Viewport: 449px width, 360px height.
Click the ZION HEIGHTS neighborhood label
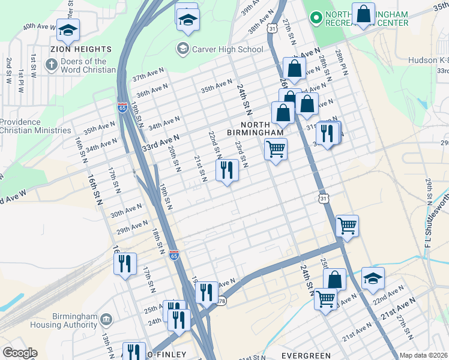(81, 49)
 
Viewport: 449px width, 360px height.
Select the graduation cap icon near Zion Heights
(68, 29)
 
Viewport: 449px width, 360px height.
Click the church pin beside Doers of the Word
(52, 65)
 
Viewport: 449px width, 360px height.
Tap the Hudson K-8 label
(427, 60)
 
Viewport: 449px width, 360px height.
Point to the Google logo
(20, 353)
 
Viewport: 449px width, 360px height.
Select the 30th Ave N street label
(125, 209)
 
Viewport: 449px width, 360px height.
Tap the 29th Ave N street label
(131, 227)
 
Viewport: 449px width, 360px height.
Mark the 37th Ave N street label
(148, 77)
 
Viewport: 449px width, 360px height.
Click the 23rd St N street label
(241, 155)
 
